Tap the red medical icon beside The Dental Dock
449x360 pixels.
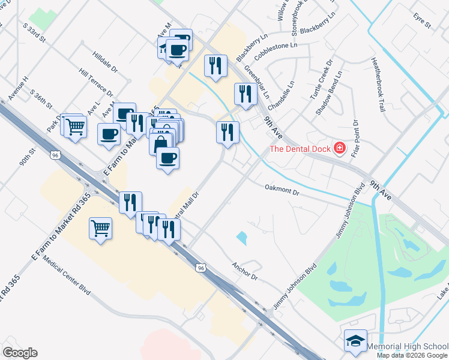(x=340, y=148)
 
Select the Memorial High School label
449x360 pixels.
(x=406, y=347)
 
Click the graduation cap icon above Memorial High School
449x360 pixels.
(x=355, y=341)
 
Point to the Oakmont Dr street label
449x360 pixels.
(x=282, y=190)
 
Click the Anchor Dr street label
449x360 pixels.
(x=245, y=271)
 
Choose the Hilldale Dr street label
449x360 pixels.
(x=105, y=63)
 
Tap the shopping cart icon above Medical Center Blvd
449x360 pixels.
(x=100, y=227)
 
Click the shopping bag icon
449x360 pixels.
(x=160, y=143)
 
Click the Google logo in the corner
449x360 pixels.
(x=20, y=353)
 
